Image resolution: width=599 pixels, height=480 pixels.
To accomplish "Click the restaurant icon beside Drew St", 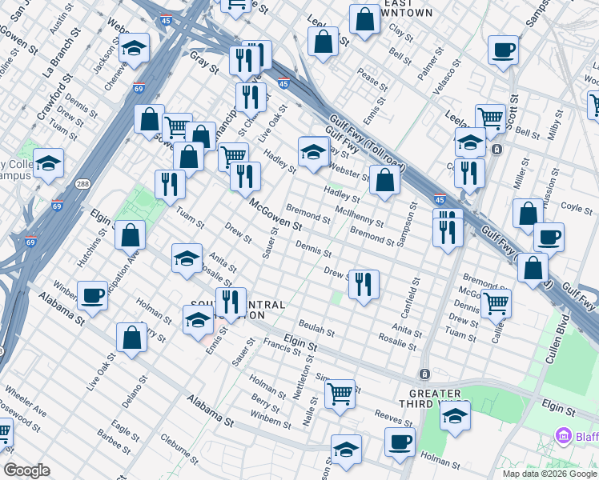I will [x=364, y=284].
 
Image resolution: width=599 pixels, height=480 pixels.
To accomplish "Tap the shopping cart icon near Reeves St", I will [x=340, y=394].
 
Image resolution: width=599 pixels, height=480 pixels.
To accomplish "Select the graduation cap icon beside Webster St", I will [x=313, y=150].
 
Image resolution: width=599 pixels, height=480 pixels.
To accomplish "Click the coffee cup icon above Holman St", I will [x=399, y=442].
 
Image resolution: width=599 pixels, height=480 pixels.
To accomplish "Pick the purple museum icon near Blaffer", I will [x=565, y=436].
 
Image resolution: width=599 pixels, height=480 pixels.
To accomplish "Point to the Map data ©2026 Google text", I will [x=549, y=474].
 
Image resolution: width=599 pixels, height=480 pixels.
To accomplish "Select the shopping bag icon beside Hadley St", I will [x=384, y=179].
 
